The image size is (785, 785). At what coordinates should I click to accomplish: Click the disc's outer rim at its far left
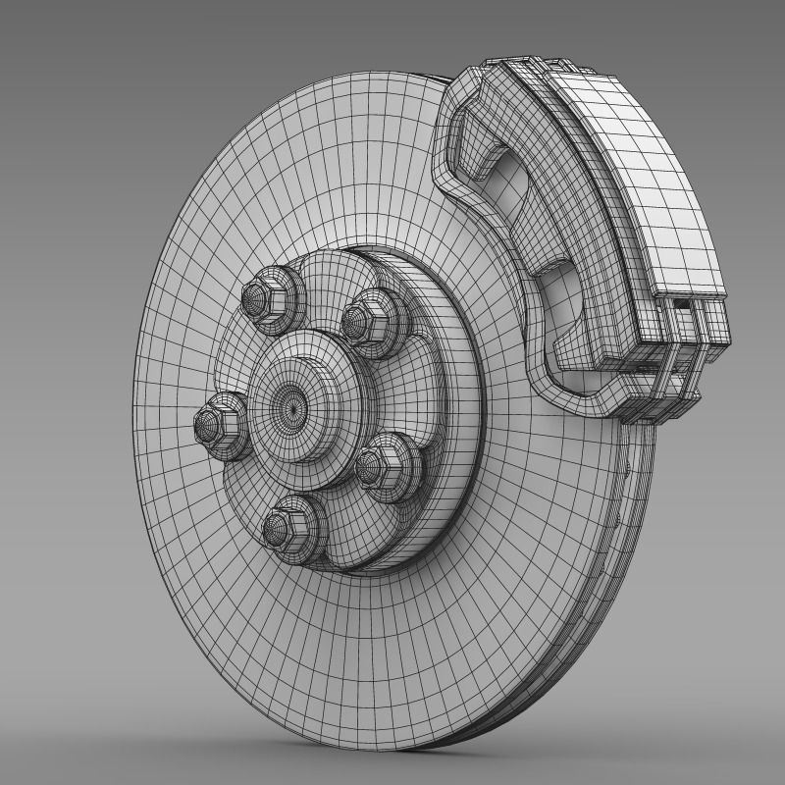click(x=138, y=412)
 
